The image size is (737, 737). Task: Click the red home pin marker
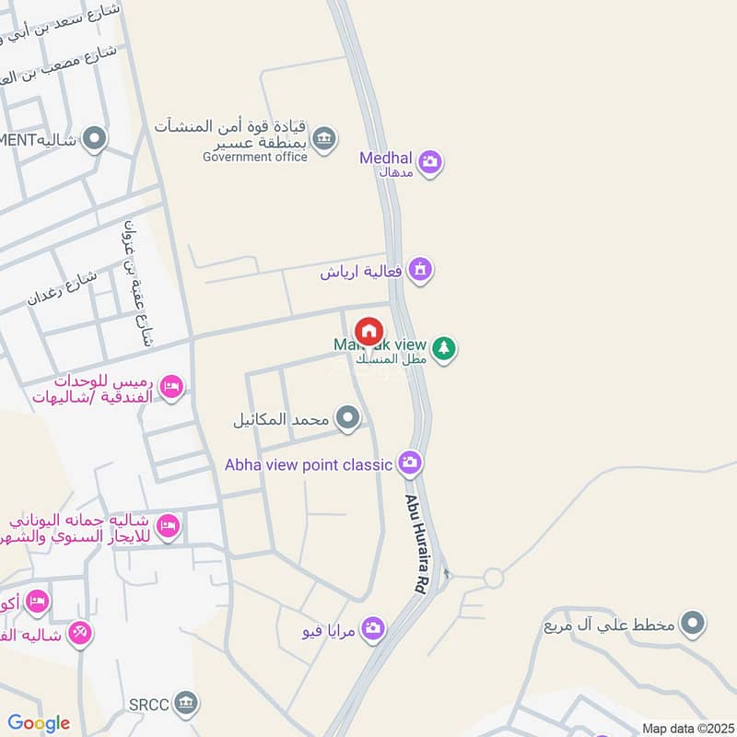click(368, 331)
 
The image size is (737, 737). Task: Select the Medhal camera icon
click(429, 163)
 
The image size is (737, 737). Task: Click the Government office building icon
click(323, 139)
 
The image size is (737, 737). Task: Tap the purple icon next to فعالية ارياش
click(420, 270)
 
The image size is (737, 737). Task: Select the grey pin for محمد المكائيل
click(347, 419)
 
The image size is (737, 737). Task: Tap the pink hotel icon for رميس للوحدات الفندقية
click(170, 388)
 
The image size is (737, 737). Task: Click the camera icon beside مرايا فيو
click(373, 628)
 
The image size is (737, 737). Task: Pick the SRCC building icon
click(187, 704)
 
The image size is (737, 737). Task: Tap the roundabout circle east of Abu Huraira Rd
click(494, 579)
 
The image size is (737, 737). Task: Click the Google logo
click(39, 722)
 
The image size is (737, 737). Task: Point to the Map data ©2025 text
click(686, 728)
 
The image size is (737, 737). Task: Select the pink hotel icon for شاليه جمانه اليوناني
click(168, 526)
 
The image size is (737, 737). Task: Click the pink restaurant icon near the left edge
click(80, 633)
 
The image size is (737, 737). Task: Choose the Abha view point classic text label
click(309, 464)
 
